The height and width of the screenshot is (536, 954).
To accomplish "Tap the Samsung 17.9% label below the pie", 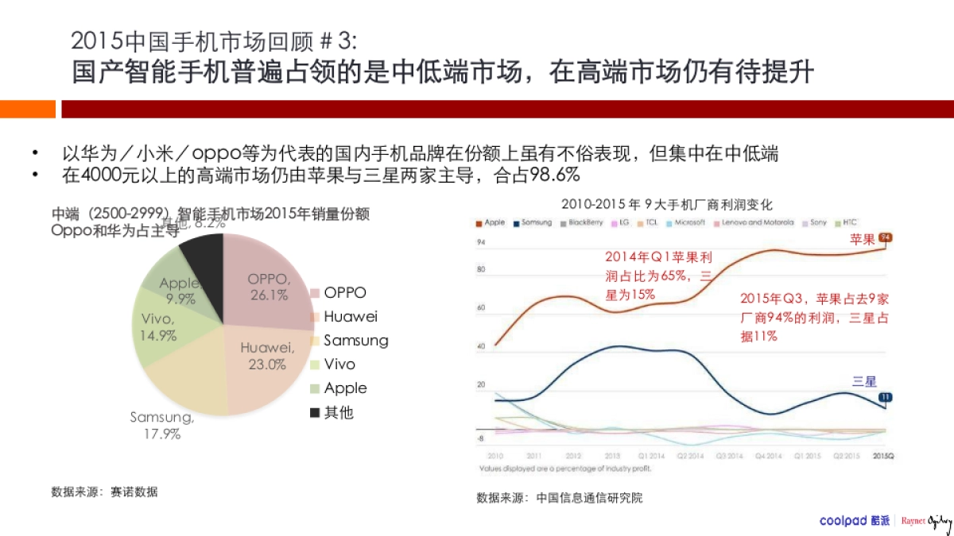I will click(162, 426).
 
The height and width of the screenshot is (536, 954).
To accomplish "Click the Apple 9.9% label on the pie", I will click(180, 291).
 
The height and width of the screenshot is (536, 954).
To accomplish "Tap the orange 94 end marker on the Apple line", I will click(886, 237).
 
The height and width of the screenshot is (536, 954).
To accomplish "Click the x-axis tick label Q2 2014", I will click(688, 457).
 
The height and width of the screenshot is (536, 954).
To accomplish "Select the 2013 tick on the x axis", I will click(611, 457).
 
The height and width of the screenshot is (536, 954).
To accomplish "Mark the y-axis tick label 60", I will click(480, 307).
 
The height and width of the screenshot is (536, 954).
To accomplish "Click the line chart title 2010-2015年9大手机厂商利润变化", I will click(666, 204).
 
